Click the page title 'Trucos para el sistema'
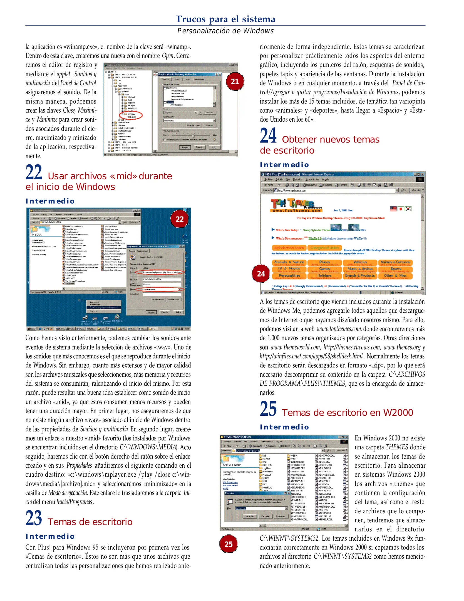tap(225, 19)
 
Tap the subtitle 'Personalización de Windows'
tap(225, 31)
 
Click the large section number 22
tap(34, 173)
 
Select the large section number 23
tap(34, 518)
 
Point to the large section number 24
tap(268, 136)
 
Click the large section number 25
tap(268, 409)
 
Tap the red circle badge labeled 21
tap(235, 81)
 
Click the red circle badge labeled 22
tap(180, 219)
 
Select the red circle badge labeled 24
tap(261, 274)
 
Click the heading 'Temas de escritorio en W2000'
tap(347, 412)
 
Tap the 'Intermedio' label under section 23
tap(50, 536)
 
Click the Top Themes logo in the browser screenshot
tap(296, 206)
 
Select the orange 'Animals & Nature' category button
tap(289, 262)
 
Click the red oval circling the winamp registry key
tap(131, 115)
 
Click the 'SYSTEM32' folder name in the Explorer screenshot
tap(232, 465)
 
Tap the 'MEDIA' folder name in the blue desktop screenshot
tap(37, 235)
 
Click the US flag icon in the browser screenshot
tap(393, 209)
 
